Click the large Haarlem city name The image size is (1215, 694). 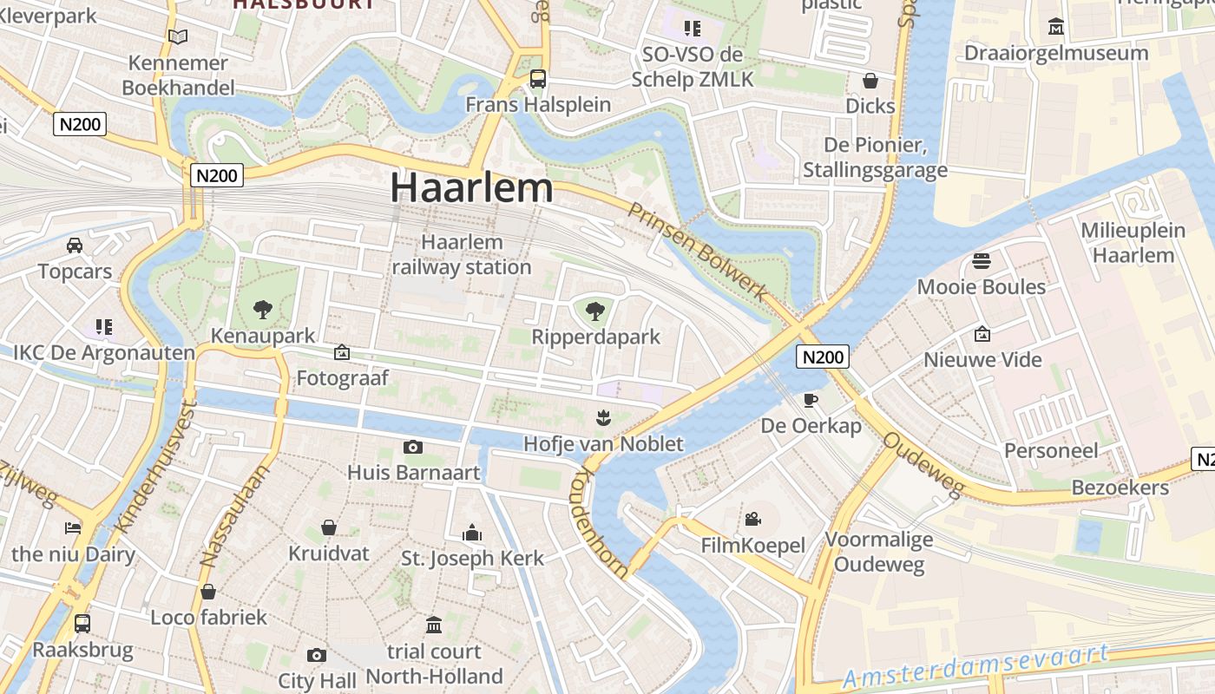(x=471, y=187)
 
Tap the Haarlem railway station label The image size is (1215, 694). (x=462, y=254)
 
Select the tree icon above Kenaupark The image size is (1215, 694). (x=262, y=309)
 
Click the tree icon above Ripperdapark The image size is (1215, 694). (x=595, y=311)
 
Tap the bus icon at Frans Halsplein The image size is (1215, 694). (x=538, y=79)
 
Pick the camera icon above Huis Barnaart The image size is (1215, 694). (x=413, y=447)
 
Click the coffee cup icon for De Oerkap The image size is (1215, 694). (x=811, y=400)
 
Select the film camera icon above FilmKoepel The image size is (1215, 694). (x=752, y=519)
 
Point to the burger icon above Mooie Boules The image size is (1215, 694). (x=982, y=260)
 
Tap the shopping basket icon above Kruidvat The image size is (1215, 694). (x=329, y=527)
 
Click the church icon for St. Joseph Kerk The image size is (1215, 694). (x=472, y=532)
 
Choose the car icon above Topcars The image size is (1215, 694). (x=75, y=246)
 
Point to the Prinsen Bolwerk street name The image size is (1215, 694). (x=698, y=252)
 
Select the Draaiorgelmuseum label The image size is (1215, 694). (x=1056, y=53)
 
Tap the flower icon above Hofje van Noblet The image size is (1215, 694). (x=602, y=418)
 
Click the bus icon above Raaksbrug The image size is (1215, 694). (x=82, y=623)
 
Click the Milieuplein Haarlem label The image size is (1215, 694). (x=1133, y=242)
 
